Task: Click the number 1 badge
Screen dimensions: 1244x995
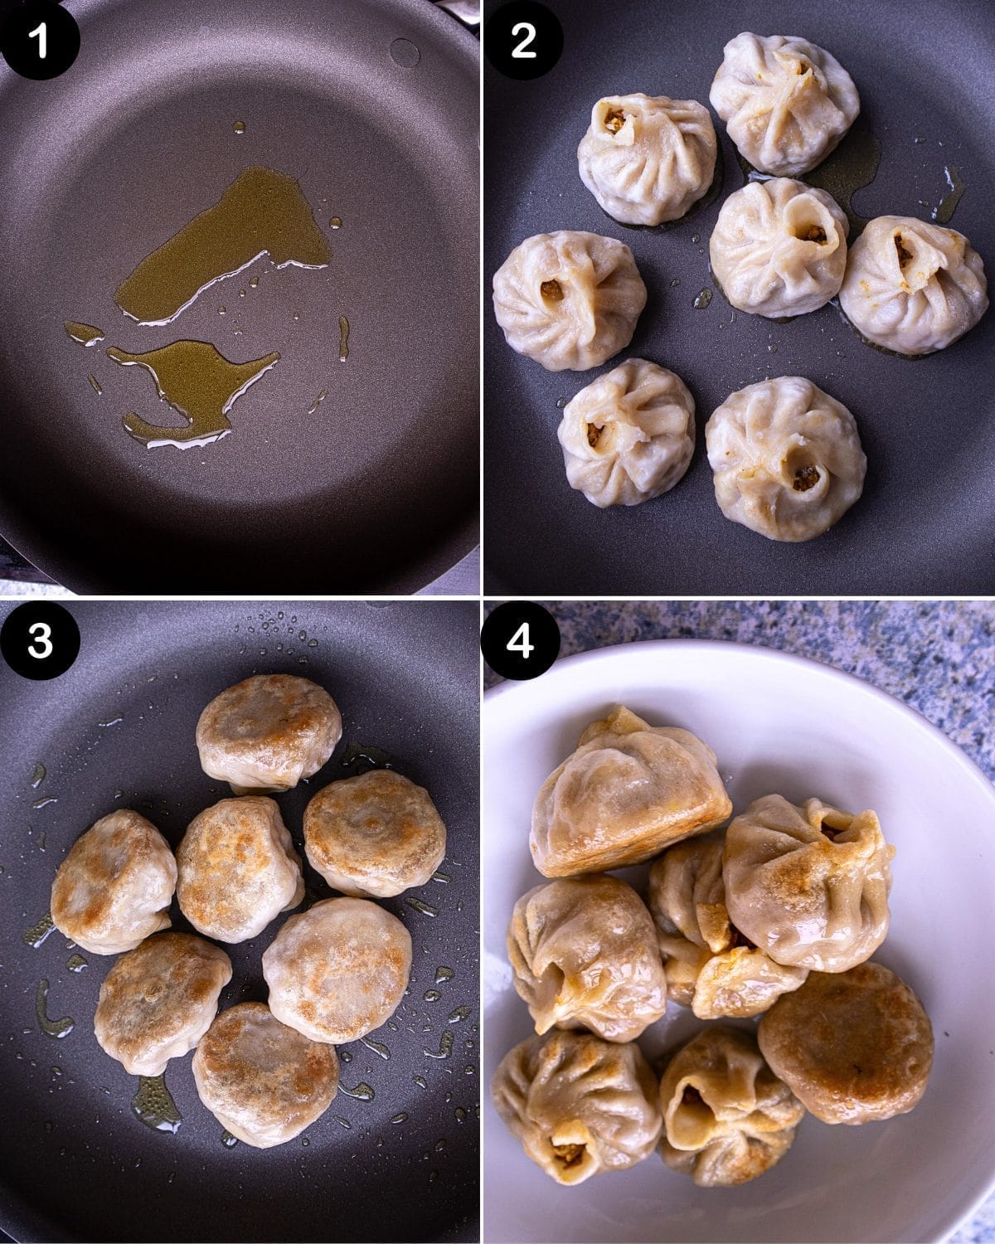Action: [x=40, y=40]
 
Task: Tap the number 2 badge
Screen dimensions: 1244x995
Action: [x=523, y=40]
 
